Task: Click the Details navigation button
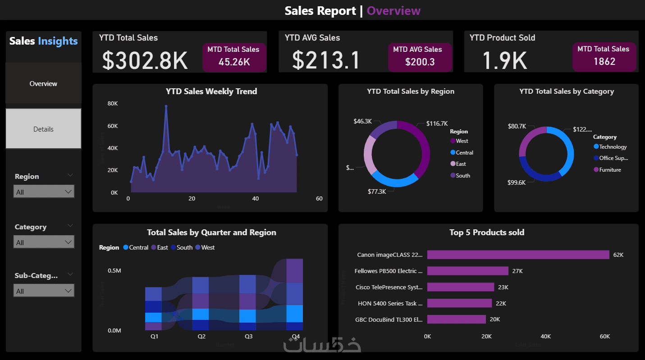(x=43, y=129)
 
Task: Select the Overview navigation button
(x=43, y=84)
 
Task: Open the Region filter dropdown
(x=44, y=192)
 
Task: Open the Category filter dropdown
(x=44, y=242)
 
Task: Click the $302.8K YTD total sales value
(x=145, y=60)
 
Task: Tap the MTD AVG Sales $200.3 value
(x=420, y=62)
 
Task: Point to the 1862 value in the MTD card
(x=604, y=61)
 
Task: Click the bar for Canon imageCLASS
(x=518, y=255)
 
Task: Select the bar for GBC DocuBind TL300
(x=456, y=319)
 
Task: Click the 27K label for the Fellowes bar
(x=517, y=271)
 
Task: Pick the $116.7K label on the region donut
(x=437, y=123)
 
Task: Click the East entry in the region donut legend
(x=460, y=164)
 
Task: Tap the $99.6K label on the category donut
(x=516, y=182)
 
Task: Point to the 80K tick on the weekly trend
(x=112, y=104)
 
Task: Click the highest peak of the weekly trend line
(x=166, y=106)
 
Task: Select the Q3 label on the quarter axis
(x=249, y=337)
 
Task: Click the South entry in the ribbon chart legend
(x=184, y=247)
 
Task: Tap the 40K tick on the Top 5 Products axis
(x=545, y=337)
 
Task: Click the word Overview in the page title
(x=393, y=11)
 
